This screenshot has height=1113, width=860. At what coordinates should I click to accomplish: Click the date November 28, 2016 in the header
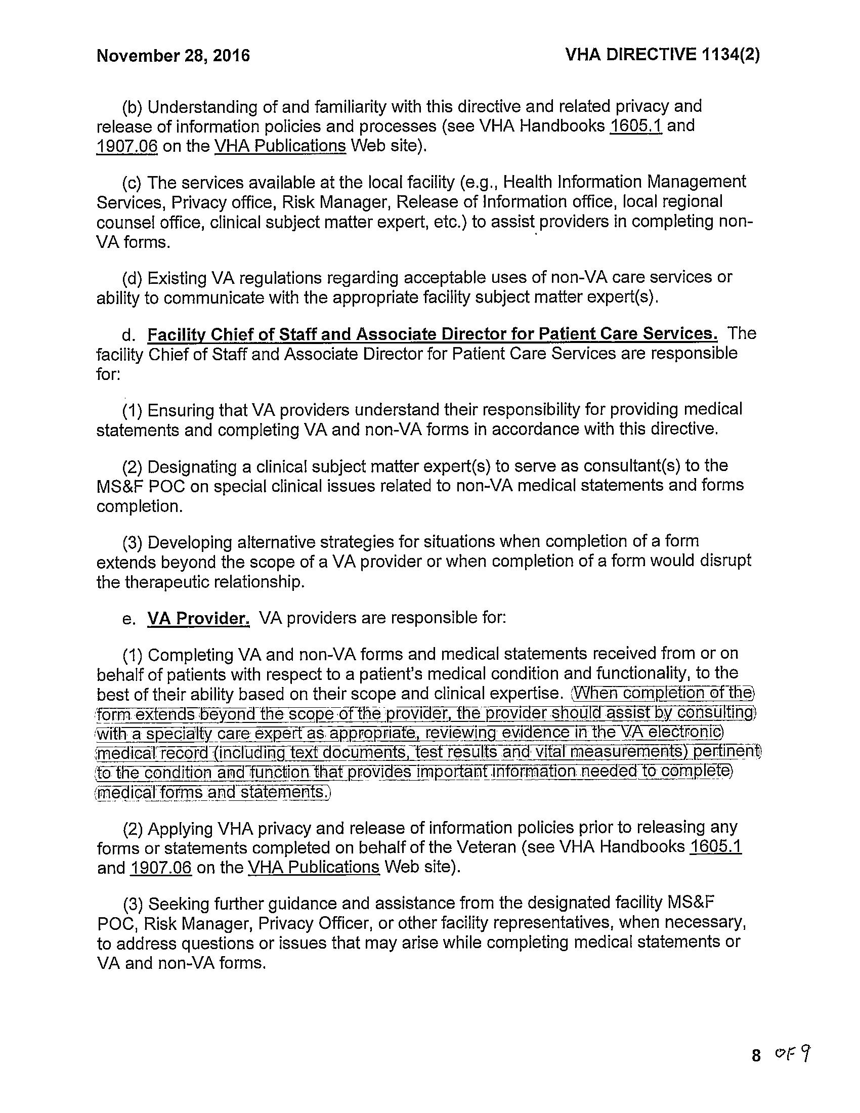click(x=173, y=55)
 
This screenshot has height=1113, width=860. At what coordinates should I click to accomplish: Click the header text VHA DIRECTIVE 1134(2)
click(x=662, y=54)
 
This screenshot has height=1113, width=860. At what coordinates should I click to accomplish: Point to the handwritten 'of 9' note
click(x=793, y=1053)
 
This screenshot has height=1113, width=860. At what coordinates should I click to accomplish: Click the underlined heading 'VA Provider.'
click(x=198, y=618)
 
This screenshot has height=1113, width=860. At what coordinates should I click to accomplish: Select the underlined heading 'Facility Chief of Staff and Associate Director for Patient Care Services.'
click(x=433, y=334)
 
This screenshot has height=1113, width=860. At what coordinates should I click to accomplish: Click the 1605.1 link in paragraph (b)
click(x=636, y=126)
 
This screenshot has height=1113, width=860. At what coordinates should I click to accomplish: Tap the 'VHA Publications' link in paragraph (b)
click(x=280, y=146)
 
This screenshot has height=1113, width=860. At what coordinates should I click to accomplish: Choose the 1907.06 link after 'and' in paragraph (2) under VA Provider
click(x=161, y=867)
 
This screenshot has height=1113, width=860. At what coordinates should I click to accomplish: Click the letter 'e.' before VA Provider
click(x=128, y=619)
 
